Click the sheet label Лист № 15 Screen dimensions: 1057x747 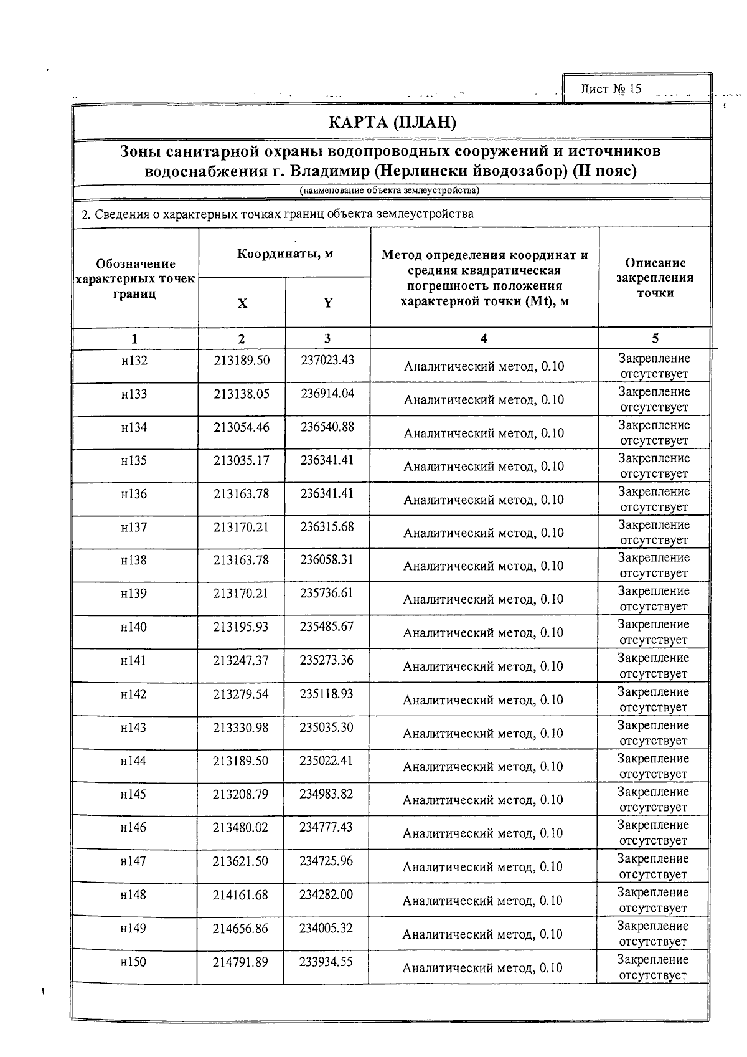pos(611,89)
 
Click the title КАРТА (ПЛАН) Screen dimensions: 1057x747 pos(392,122)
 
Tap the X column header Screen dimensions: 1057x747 pos(242,303)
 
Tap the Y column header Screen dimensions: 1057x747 pos(328,303)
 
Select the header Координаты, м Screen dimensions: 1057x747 pos(285,254)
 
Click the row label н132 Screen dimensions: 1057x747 pos(134,360)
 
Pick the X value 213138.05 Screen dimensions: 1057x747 pos(242,394)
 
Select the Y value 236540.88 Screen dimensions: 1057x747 pos(327,427)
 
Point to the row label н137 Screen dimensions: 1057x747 pos(134,527)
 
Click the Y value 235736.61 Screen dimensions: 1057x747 pos(327,593)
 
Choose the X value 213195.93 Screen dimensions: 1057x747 pos(241,627)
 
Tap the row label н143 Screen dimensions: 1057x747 pos(133,727)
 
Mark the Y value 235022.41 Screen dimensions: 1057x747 pos(326,761)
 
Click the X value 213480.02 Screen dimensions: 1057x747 pos(241,827)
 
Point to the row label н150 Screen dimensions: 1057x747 pos(133,962)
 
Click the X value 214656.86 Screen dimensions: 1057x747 pos(240,928)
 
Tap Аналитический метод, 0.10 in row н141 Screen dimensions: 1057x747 pos(483,666)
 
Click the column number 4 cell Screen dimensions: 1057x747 pos(484,338)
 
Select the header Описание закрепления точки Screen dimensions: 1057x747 pos(655,278)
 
